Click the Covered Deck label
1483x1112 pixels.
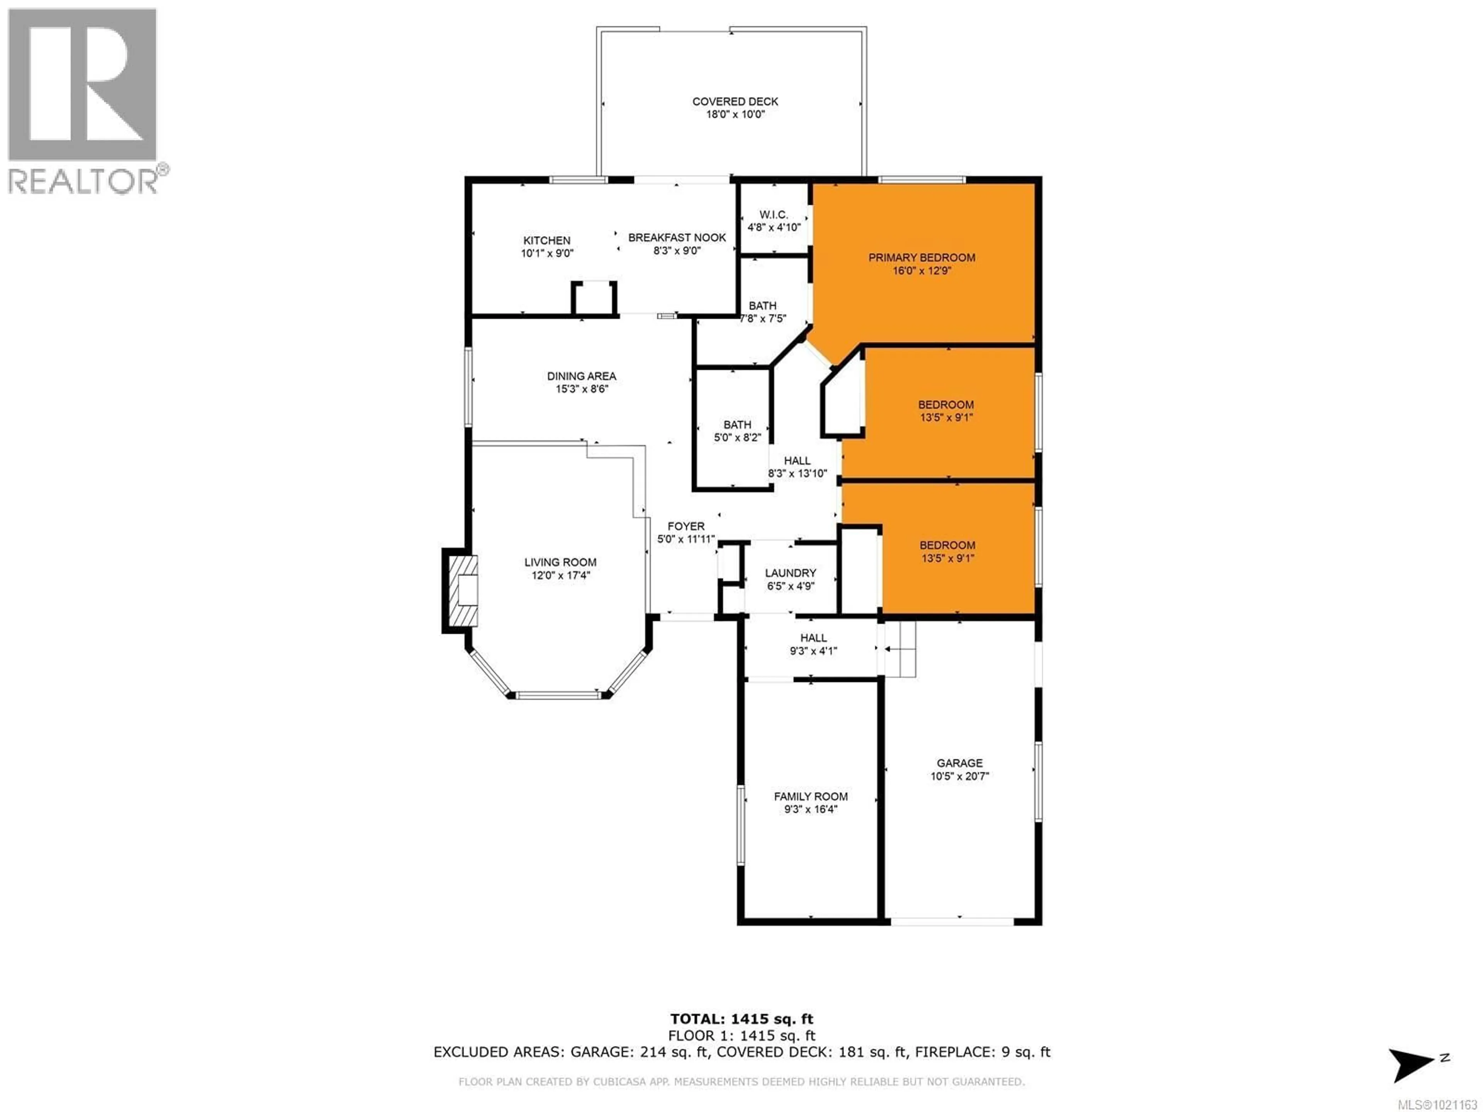click(x=735, y=101)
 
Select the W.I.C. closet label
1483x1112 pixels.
click(x=773, y=215)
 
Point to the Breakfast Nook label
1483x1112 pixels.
click(x=677, y=238)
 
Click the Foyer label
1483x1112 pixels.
click(x=685, y=527)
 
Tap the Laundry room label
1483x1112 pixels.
click(x=791, y=573)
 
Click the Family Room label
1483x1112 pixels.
click(x=811, y=796)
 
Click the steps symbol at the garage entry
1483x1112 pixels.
click(x=900, y=649)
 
